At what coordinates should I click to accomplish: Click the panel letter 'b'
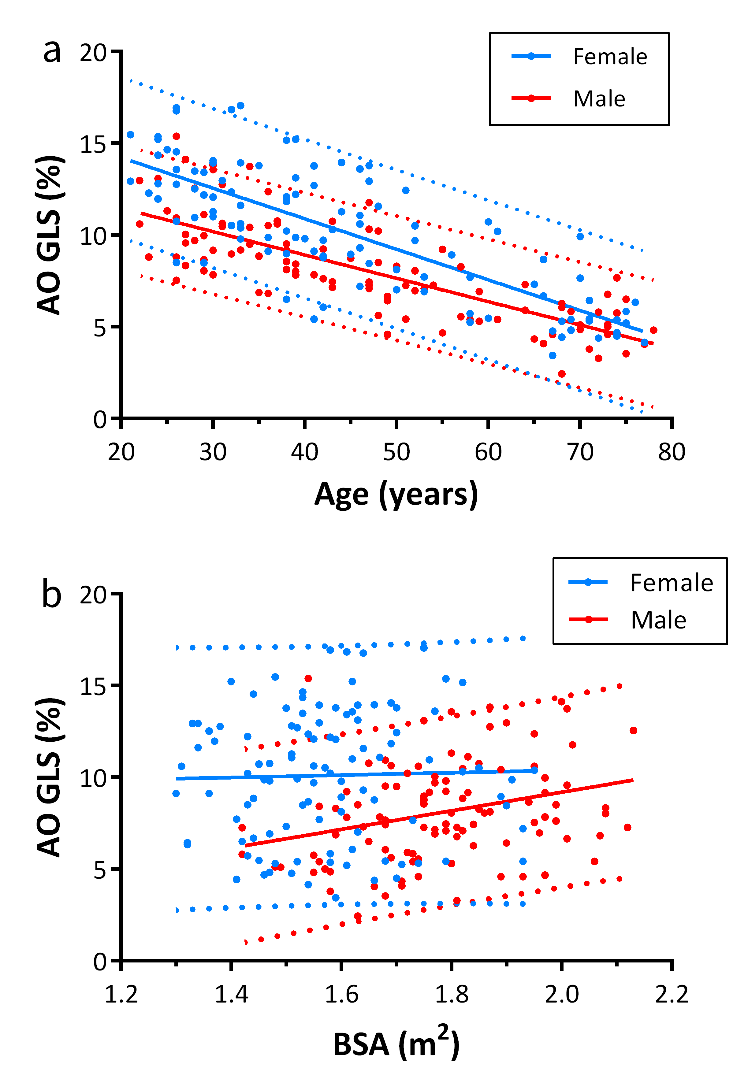pyautogui.click(x=52, y=594)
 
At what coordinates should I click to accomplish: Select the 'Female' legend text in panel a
pyautogui.click(x=610, y=57)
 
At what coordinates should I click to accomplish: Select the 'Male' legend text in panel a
pyautogui.click(x=599, y=99)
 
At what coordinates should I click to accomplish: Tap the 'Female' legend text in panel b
pyautogui.click(x=672, y=583)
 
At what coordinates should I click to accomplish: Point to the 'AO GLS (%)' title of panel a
pyautogui.click(x=49, y=235)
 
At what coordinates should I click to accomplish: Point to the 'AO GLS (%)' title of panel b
pyautogui.click(x=49, y=777)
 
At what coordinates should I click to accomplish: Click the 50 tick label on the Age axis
pyautogui.click(x=396, y=452)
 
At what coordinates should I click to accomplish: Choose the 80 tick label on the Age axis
pyautogui.click(x=672, y=452)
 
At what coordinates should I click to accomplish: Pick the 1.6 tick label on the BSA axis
pyautogui.click(x=341, y=994)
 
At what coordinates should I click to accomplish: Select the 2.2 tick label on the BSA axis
pyautogui.click(x=672, y=994)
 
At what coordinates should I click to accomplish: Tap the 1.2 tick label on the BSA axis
pyautogui.click(x=121, y=994)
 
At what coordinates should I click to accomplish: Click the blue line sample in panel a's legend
pyautogui.click(x=531, y=56)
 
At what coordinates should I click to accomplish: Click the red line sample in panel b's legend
pyautogui.click(x=588, y=620)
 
